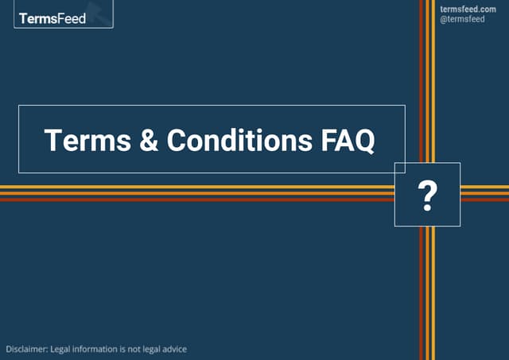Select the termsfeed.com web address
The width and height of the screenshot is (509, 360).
tap(468, 9)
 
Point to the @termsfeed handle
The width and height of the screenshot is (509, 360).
tap(462, 19)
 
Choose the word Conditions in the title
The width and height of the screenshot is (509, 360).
tap(239, 140)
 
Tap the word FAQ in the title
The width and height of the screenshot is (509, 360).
tap(347, 140)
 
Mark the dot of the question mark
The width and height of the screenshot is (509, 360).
tap(428, 208)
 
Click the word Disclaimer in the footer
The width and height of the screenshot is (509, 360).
tap(26, 349)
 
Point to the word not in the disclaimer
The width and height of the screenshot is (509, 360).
tap(136, 349)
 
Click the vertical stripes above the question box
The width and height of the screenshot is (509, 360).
tap(428, 79)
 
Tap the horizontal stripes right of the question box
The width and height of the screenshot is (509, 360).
tap(484, 193)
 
